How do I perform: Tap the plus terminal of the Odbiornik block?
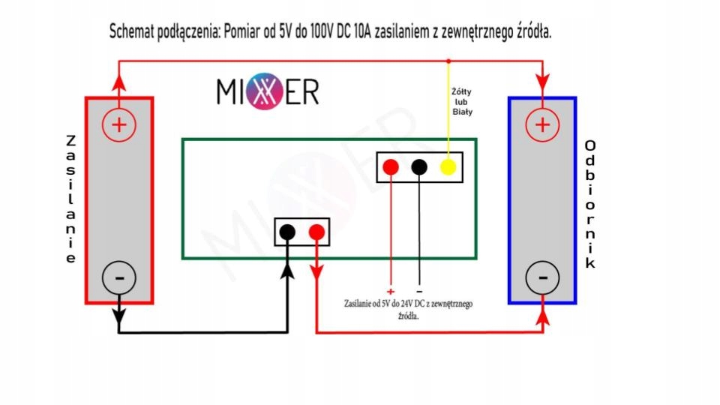(542, 124)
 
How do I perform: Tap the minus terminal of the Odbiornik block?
(542, 278)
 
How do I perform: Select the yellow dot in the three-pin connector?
(448, 167)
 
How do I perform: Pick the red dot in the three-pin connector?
(390, 167)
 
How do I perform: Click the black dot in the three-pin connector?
(419, 167)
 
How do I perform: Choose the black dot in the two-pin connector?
(287, 232)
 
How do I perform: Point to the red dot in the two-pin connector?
(316, 232)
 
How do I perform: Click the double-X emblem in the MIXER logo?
(268, 91)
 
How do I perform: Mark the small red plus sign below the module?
(390, 291)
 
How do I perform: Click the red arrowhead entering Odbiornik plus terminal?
(542, 80)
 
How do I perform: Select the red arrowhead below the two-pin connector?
(316, 266)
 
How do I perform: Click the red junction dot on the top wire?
(448, 61)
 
